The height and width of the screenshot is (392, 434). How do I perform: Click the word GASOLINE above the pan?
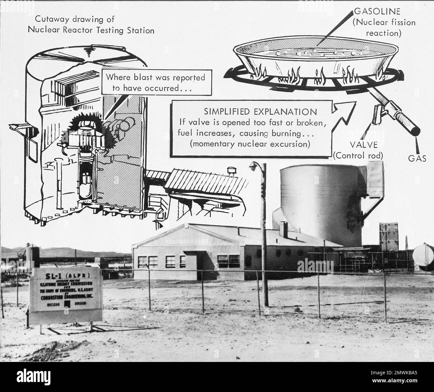coord(377,11)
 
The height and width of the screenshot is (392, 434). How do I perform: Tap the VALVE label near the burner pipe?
coord(364,145)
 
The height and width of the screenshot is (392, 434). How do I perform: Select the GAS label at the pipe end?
coord(417,159)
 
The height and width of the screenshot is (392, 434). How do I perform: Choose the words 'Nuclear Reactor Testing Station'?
coord(91,30)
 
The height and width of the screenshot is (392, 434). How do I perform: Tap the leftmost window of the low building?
coord(143,262)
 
